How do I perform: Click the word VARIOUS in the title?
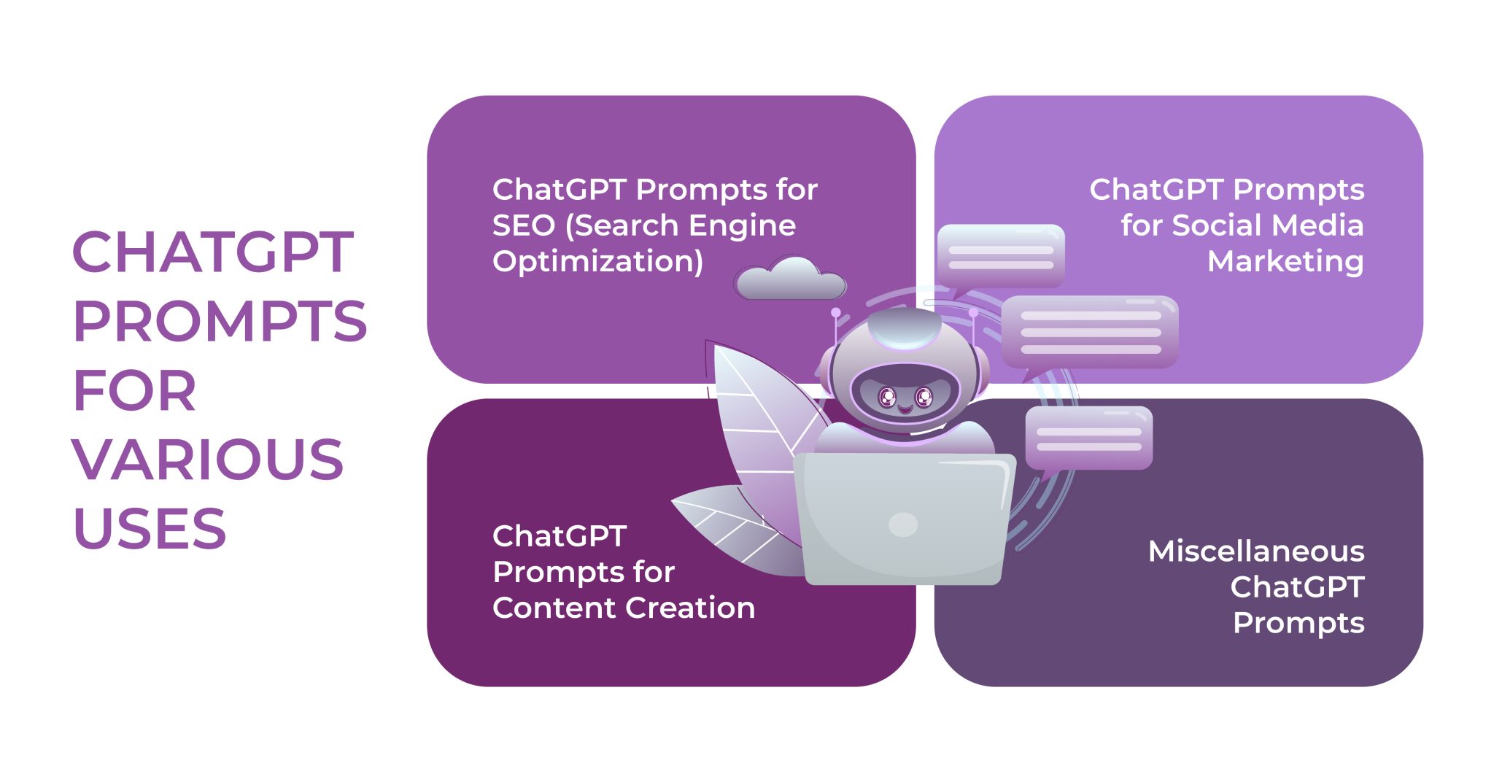208,460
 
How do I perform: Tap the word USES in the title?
150,529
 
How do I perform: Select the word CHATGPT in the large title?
213,252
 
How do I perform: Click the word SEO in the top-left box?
524,225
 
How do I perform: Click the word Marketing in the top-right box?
1285,261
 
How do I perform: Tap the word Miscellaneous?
1256,551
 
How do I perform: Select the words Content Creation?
624,608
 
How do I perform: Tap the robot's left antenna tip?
836,313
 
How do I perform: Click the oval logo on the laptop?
903,524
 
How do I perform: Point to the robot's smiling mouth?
905,409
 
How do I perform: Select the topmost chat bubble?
1000,255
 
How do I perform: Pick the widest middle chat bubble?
1090,332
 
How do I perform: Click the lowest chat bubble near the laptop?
1088,438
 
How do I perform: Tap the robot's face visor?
905,394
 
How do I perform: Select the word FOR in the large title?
136,391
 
